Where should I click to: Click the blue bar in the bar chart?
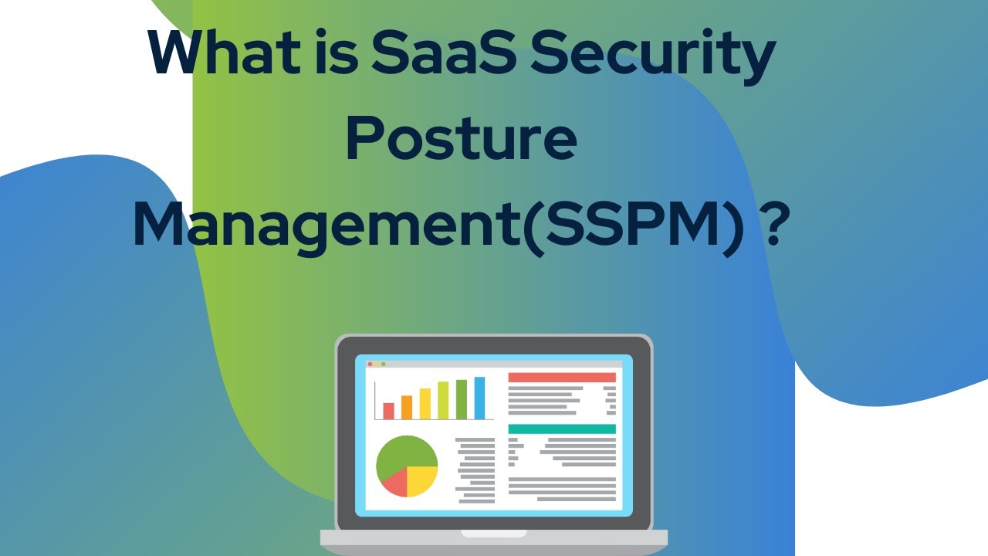click(x=479, y=398)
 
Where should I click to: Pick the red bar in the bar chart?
click(x=388, y=410)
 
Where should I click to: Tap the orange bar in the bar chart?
click(x=407, y=407)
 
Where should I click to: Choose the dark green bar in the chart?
click(x=462, y=399)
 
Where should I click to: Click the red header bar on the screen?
click(x=561, y=377)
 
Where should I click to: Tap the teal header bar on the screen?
click(x=561, y=429)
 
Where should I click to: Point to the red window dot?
click(x=370, y=364)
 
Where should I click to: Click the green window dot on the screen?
click(x=384, y=364)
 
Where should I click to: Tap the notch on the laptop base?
click(x=494, y=533)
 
